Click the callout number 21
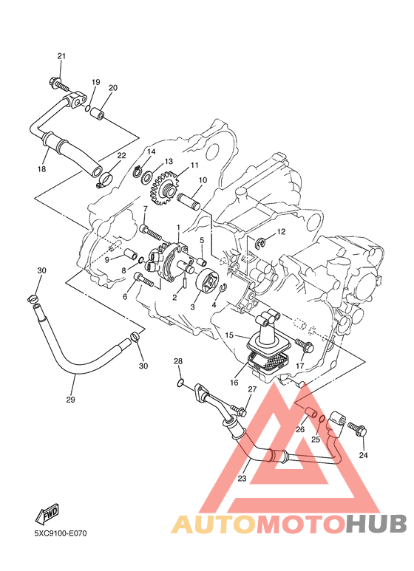coord(61,55)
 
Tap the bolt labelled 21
coord(58,83)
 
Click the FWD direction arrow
coord(47,514)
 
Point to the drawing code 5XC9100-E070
coord(61,533)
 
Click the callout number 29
coord(70,400)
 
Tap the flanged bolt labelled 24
coord(357,429)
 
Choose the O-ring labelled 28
coord(180,383)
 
